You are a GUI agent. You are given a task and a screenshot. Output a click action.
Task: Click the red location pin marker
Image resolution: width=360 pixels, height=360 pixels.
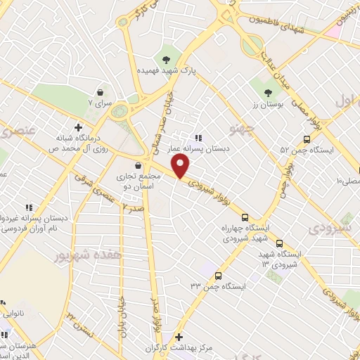[x=181, y=167]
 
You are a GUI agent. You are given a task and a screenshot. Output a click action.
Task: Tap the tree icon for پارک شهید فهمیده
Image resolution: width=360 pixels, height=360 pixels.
[x=167, y=59]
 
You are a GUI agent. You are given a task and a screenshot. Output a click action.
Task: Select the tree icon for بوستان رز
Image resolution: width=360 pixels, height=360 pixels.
[x=267, y=92]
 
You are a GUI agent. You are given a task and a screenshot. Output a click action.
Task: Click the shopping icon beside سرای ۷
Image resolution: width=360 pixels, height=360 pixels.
[x=101, y=92]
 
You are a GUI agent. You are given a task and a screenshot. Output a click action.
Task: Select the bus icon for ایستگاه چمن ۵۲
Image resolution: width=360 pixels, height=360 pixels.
[x=307, y=139]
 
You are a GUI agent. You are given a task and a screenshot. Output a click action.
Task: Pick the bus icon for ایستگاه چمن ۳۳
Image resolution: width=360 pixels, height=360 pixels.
[x=219, y=276]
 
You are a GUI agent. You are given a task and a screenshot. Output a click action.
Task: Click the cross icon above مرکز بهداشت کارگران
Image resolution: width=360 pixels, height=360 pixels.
[x=179, y=337]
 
